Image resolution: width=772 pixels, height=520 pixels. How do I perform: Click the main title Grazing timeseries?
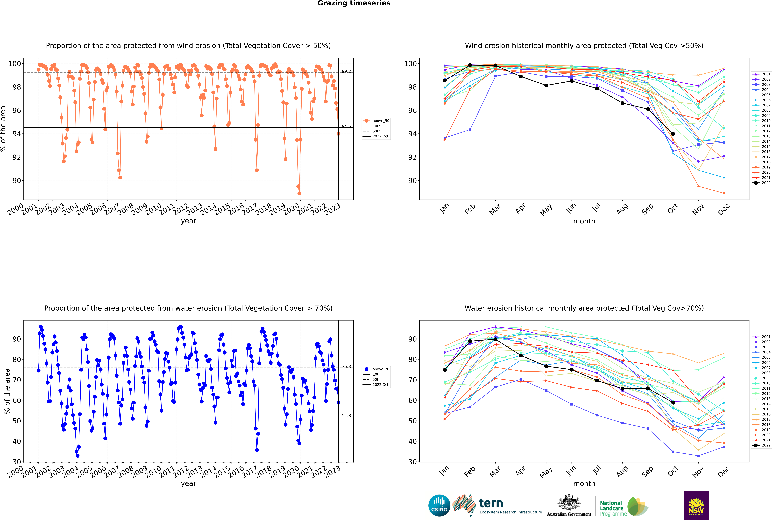tap(354, 3)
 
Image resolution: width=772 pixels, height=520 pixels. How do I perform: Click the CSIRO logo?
tap(439, 505)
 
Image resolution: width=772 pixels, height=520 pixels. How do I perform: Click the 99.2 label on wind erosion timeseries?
tap(346, 71)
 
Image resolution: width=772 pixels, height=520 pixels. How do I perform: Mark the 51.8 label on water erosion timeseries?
tap(346, 416)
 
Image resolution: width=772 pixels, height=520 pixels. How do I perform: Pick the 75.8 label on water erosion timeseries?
tap(346, 366)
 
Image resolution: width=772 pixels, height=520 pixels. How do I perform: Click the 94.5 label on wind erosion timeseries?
tap(346, 126)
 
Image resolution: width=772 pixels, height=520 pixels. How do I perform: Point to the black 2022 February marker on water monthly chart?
tap(470, 341)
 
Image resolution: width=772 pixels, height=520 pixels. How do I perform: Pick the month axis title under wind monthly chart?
tap(584, 221)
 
